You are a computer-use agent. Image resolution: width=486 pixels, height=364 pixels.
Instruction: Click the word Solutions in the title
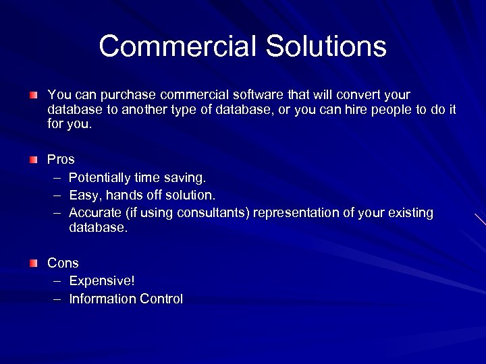tap(326, 47)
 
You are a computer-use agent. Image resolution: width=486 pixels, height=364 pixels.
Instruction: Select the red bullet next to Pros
tap(33, 160)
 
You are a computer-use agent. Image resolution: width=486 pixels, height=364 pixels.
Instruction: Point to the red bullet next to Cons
tap(33, 264)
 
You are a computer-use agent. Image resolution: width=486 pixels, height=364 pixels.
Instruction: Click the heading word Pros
tap(61, 160)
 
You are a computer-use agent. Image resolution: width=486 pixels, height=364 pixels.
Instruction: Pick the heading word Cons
tap(63, 264)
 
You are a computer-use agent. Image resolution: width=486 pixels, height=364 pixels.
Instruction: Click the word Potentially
tap(101, 178)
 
